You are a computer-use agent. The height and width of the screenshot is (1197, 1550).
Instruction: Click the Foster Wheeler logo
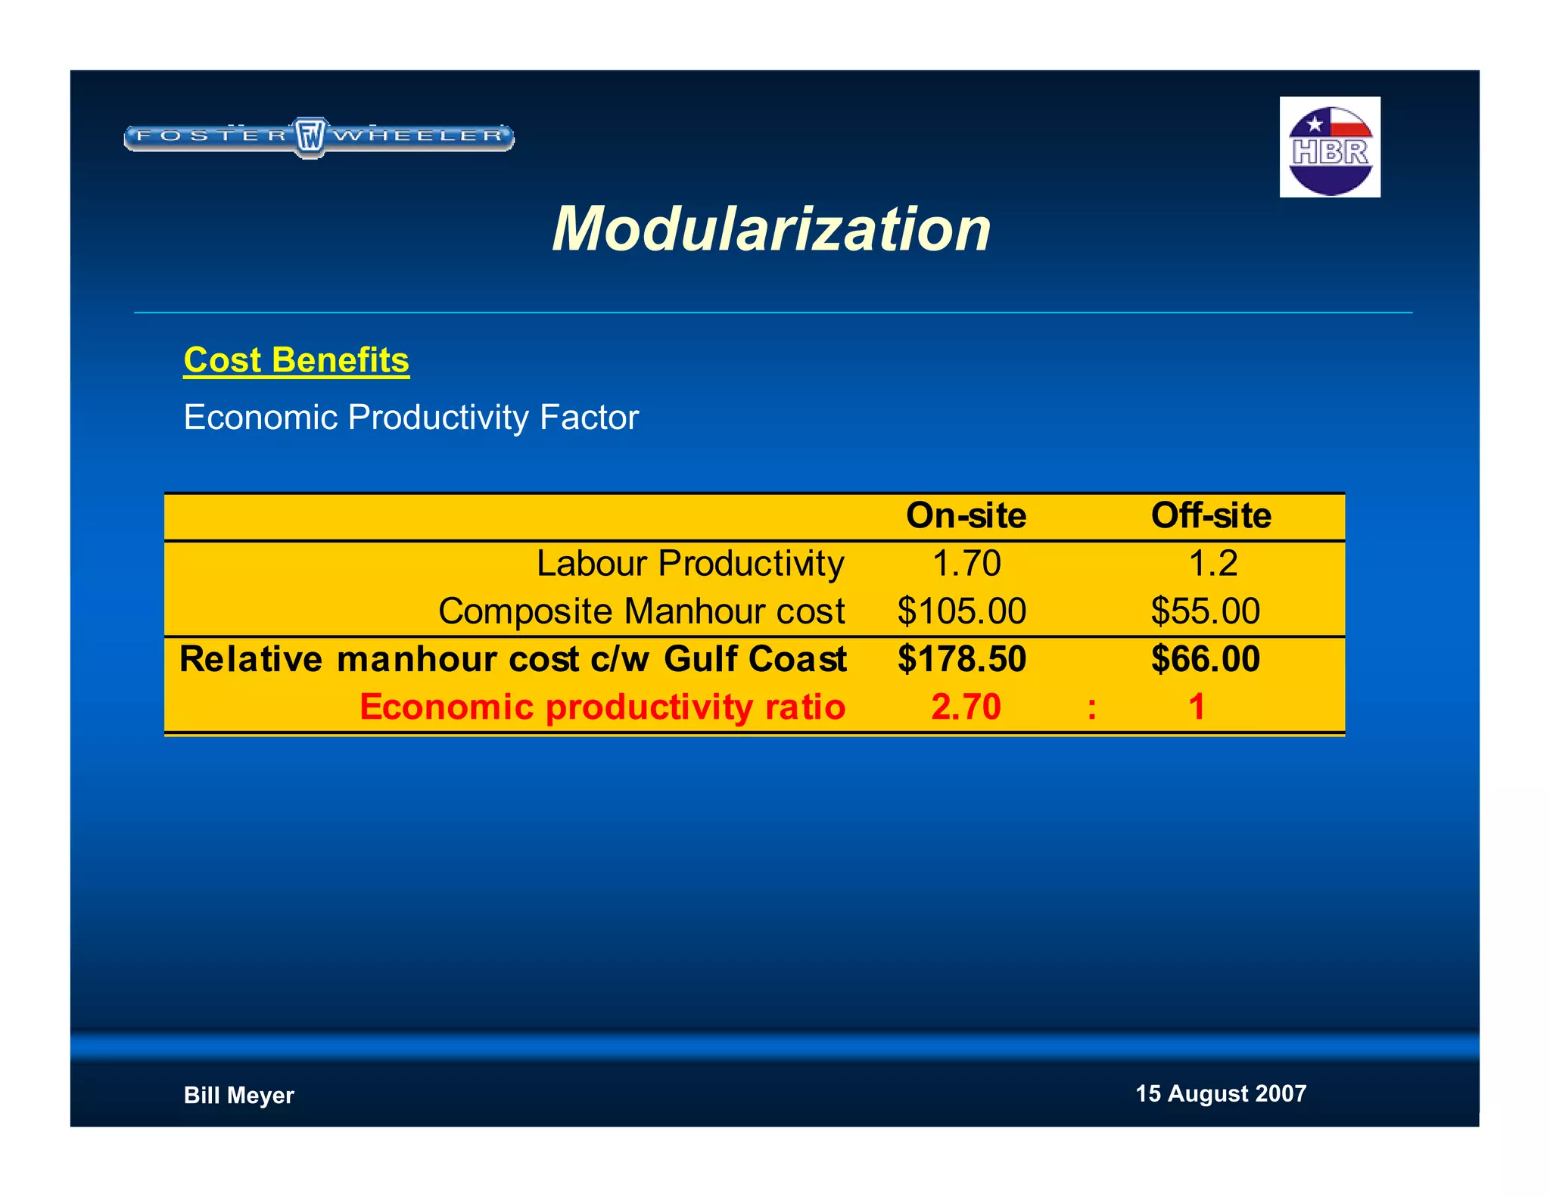(319, 137)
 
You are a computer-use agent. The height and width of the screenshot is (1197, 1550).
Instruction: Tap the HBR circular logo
(1330, 148)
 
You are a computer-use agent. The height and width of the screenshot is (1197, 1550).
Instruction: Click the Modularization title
(771, 229)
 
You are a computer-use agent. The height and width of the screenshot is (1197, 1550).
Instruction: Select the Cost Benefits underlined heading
(296, 361)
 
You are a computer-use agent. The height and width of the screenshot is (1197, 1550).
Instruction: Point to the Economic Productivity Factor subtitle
(411, 418)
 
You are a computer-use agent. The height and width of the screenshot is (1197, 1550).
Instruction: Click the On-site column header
(966, 516)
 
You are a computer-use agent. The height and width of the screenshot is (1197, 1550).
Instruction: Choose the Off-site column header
(1211, 516)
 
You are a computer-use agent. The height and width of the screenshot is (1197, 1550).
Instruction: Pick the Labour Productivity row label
(689, 564)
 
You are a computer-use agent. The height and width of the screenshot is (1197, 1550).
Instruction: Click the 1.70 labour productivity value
(966, 564)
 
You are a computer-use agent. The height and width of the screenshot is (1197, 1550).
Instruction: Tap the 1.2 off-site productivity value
(1212, 564)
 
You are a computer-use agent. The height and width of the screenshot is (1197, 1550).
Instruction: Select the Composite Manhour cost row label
(641, 611)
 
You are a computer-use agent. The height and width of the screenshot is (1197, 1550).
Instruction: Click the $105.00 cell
(961, 611)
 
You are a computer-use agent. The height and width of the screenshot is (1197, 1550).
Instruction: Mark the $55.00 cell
(1205, 611)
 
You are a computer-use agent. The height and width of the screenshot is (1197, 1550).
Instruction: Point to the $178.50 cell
(961, 659)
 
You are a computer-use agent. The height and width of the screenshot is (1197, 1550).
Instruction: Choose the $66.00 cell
(1205, 659)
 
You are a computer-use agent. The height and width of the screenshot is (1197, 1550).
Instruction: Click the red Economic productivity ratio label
(602, 707)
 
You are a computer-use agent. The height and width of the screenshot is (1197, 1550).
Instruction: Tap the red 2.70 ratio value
(966, 707)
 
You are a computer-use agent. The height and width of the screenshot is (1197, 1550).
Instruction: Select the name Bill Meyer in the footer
(238, 1096)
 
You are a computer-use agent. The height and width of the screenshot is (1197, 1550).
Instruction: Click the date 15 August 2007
(1220, 1094)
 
